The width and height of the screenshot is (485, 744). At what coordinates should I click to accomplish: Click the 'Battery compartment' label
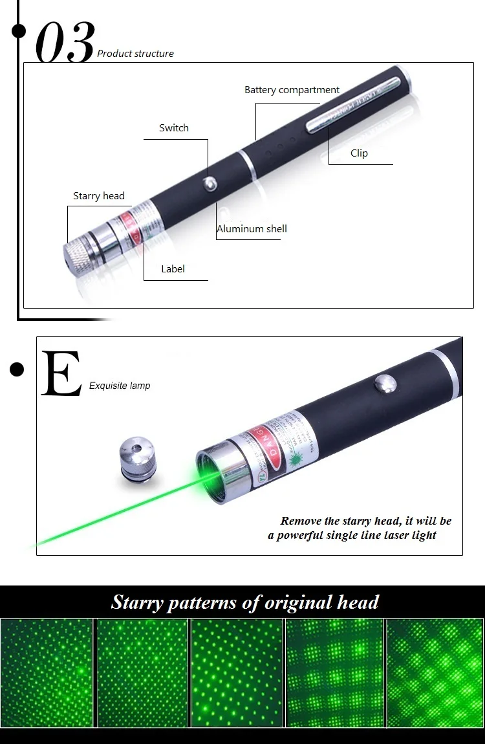(x=292, y=90)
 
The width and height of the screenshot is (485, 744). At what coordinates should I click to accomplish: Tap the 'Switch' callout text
(x=174, y=128)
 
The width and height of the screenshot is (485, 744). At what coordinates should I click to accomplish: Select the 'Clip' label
(x=359, y=153)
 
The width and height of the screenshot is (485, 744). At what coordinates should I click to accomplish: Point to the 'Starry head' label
(x=98, y=196)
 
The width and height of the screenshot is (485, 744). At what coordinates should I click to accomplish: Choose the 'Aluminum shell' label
(x=252, y=229)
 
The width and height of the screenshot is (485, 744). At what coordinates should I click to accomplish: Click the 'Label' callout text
(x=173, y=269)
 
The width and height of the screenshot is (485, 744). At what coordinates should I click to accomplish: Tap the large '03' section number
(x=65, y=43)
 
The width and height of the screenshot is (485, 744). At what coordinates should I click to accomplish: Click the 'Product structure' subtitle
(x=135, y=54)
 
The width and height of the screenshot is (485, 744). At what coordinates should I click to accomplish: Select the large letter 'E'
(x=61, y=374)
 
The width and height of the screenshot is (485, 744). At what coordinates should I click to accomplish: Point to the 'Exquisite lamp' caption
(x=120, y=386)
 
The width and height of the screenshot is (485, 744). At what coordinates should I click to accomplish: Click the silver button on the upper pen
(x=210, y=183)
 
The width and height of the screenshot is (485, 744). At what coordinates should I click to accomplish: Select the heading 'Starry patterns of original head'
(x=244, y=602)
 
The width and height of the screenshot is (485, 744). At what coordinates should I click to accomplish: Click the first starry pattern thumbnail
(x=47, y=673)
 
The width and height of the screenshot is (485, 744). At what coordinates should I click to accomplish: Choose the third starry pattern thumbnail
(x=237, y=673)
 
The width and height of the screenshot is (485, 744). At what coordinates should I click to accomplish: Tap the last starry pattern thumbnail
(x=435, y=673)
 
